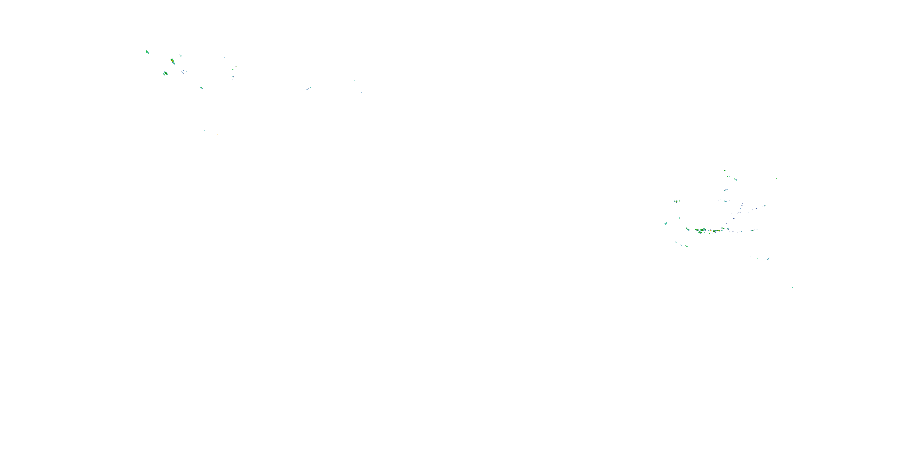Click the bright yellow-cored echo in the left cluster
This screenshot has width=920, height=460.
point(172,61)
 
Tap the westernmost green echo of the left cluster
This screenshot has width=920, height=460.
point(147,52)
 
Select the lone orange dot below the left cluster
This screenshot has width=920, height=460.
point(217,134)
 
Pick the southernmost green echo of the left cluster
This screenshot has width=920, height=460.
point(201,87)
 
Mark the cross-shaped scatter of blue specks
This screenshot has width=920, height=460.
point(233,77)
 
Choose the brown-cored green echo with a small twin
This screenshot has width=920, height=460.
point(165,74)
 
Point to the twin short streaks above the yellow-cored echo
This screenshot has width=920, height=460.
point(180,56)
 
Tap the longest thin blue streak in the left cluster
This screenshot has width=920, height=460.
point(184,71)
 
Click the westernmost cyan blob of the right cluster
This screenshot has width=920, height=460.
point(666,224)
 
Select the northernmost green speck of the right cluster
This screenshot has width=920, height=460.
point(724,171)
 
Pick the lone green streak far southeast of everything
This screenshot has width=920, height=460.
point(792,287)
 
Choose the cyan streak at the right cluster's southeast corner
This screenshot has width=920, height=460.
point(768,258)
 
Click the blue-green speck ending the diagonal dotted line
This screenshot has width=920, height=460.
point(764,206)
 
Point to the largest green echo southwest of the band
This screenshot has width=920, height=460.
point(686,246)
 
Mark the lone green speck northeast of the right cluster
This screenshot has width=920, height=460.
point(776,178)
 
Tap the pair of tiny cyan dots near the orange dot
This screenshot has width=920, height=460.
point(204,130)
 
